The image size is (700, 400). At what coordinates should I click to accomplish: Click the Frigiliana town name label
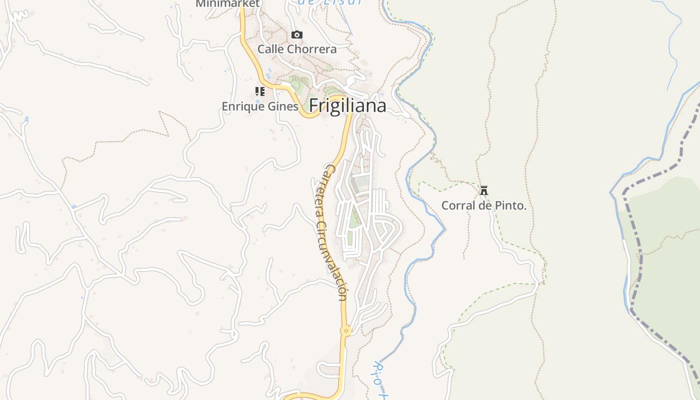[347, 105]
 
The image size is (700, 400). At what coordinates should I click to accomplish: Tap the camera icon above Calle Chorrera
[297, 34]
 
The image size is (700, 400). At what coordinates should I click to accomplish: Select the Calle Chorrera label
[297, 49]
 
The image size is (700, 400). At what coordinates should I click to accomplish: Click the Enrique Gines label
[260, 106]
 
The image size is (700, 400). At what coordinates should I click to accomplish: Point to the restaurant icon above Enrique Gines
[260, 91]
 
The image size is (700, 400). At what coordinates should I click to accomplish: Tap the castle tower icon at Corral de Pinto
[483, 190]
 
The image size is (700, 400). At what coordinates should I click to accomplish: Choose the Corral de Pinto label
[483, 205]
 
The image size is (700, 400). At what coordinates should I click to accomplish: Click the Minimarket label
[227, 4]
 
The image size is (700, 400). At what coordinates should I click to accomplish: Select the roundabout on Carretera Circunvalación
[345, 330]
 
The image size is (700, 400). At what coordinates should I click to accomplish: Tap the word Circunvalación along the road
[332, 260]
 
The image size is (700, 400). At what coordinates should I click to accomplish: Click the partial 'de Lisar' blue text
[330, 2]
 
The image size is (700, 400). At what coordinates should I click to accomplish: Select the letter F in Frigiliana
[314, 105]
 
